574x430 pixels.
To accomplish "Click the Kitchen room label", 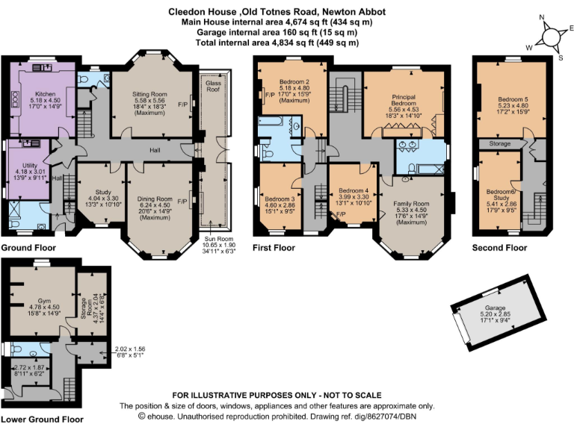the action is (46, 94).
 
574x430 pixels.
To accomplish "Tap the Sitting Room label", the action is (149, 94).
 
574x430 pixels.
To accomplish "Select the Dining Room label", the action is (155, 199).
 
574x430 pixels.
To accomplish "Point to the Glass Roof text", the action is (213, 87).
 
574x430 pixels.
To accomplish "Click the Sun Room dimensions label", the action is (219, 245).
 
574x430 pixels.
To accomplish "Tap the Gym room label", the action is (44, 301).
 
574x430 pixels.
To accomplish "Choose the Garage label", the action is (496, 308).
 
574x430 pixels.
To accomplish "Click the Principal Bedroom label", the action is (404, 100).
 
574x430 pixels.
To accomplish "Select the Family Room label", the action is (412, 204).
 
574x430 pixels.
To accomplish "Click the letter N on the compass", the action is (542, 17).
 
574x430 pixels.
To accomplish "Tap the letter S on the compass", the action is (561, 57).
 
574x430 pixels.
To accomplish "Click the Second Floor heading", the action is (499, 248).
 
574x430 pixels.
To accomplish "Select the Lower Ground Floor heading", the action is (43, 420).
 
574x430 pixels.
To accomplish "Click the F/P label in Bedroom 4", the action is (341, 214).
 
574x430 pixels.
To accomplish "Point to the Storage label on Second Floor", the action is (500, 143).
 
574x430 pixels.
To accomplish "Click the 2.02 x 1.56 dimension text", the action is (130, 349).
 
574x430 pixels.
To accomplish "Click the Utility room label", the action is (30, 165).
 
